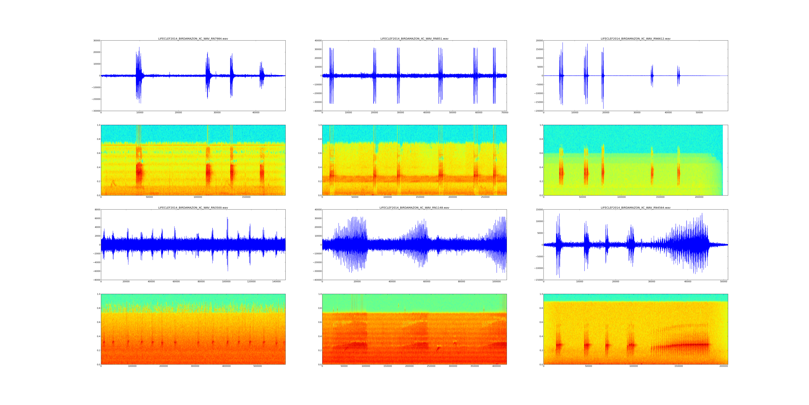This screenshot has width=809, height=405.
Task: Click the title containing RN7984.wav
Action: click(193, 39)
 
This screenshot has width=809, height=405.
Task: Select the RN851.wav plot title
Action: click(414, 39)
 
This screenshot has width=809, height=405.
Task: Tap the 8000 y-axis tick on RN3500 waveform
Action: click(97, 210)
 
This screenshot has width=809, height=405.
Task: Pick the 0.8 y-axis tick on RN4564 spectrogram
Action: click(541, 308)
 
